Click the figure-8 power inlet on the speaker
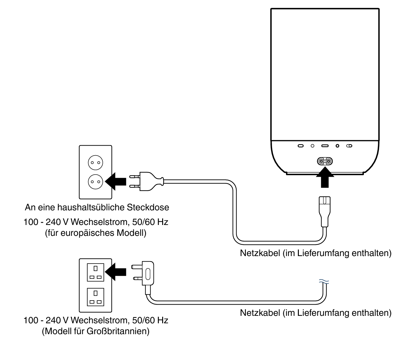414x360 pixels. (x=325, y=161)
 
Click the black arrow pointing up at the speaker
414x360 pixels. (x=325, y=177)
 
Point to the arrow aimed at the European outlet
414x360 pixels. (x=116, y=181)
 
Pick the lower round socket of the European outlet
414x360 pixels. (x=96, y=181)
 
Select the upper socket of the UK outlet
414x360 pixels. (x=96, y=272)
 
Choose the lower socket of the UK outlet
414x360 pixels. (x=96, y=297)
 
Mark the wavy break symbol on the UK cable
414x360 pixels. (x=324, y=282)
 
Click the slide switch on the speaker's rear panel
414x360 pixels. (x=349, y=146)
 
